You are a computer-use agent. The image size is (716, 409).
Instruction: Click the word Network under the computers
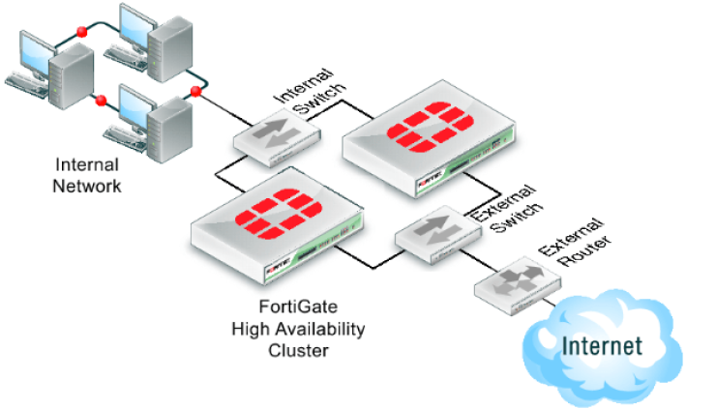(87, 186)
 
